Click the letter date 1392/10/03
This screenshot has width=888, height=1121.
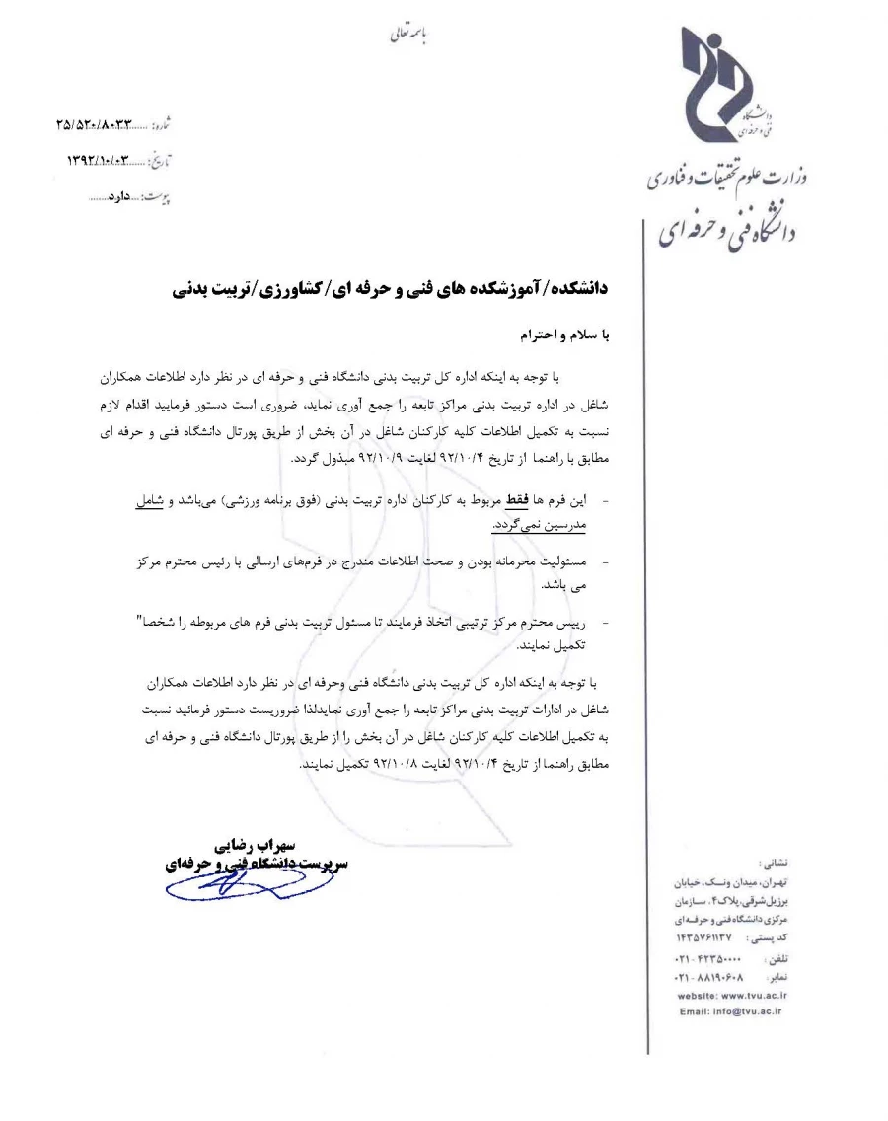tap(100, 160)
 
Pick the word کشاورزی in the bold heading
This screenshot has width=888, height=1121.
tap(293, 289)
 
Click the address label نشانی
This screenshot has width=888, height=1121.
tap(777, 861)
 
